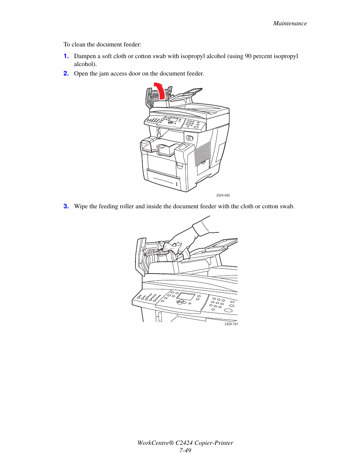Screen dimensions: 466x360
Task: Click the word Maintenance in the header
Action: pos(290,23)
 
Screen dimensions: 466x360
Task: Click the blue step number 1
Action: pos(66,56)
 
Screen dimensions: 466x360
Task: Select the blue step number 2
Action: pos(66,74)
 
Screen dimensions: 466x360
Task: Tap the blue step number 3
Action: pos(66,206)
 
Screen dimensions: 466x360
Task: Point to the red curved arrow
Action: pos(160,90)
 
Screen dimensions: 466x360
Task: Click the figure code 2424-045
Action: pos(223,195)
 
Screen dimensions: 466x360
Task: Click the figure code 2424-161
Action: pos(231,324)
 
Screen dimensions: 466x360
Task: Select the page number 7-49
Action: pos(185,451)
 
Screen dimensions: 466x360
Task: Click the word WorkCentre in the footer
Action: pos(155,443)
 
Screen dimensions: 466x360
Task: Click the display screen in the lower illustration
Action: pos(186,296)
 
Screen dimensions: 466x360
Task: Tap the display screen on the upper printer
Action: pos(173,120)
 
